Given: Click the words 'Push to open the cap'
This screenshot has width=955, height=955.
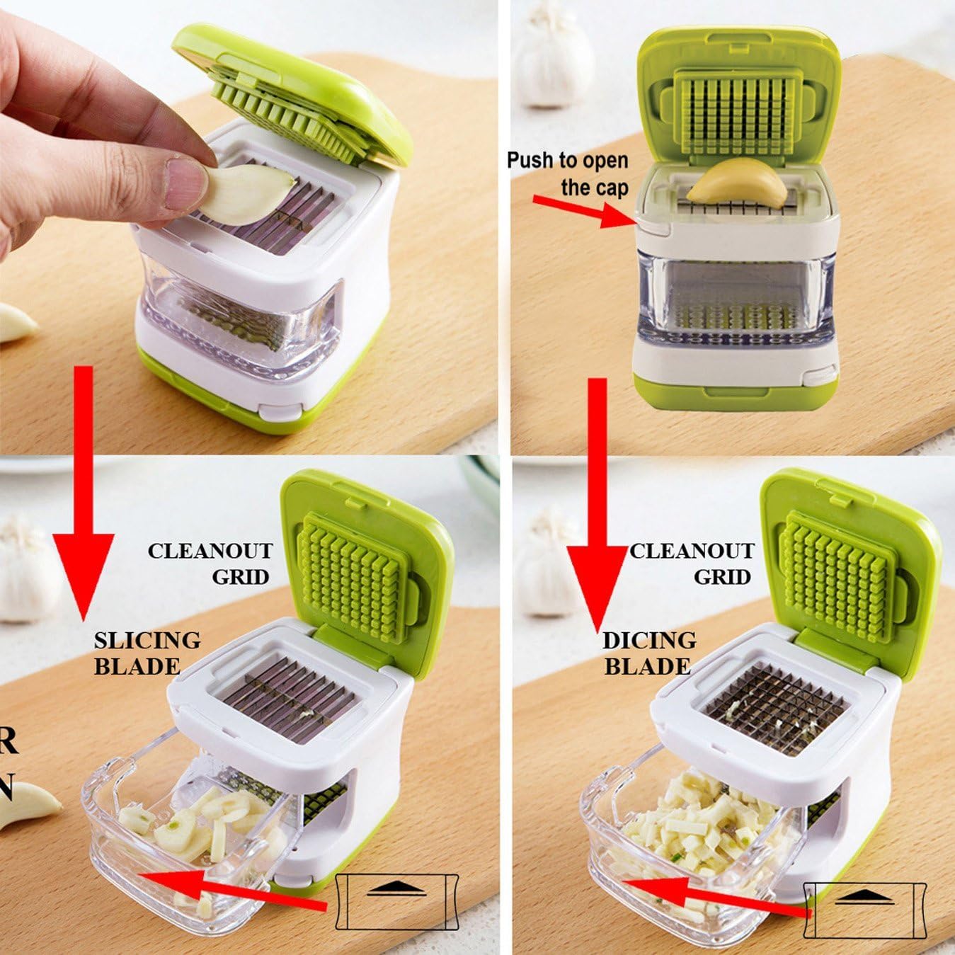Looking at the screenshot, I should [568, 173].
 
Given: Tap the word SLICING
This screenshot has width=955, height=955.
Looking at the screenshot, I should [147, 640].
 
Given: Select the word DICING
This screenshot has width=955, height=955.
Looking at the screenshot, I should [649, 640].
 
